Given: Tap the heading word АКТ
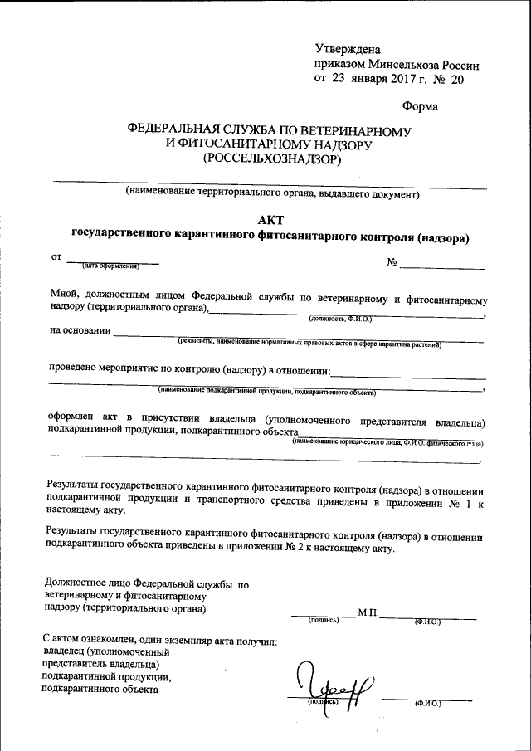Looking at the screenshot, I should click(x=270, y=220).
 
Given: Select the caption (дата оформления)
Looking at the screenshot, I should click(x=110, y=266).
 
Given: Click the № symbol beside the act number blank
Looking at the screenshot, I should click(x=392, y=263).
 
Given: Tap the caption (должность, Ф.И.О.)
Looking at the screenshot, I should click(x=341, y=318).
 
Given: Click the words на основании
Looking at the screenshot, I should click(x=80, y=330).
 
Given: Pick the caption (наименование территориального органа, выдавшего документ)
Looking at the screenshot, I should click(x=270, y=193).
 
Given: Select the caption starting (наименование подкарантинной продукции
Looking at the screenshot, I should click(x=267, y=391).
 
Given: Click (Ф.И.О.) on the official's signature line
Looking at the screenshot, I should click(x=428, y=620).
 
